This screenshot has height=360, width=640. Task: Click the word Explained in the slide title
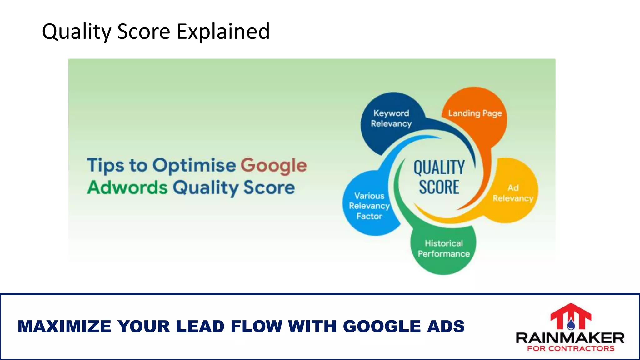pyautogui.click(x=223, y=32)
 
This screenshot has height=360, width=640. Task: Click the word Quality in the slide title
pyautogui.click(x=76, y=32)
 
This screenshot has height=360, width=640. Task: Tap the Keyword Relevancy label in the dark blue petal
pyautogui.click(x=391, y=118)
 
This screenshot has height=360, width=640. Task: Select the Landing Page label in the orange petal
pyautogui.click(x=475, y=113)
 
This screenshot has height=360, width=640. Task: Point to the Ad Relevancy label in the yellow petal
pyautogui.click(x=512, y=193)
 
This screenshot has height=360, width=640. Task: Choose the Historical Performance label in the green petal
pyautogui.click(x=444, y=248)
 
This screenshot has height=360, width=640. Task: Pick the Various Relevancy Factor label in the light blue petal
pyautogui.click(x=369, y=206)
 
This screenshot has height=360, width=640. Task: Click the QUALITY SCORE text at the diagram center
pyautogui.click(x=439, y=177)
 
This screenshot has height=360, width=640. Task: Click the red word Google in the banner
pyautogui.click(x=273, y=165)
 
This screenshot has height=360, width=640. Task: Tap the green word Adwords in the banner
pyautogui.click(x=127, y=187)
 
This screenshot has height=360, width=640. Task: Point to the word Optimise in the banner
pyautogui.click(x=194, y=165)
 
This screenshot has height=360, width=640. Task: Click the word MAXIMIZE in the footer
pyautogui.click(x=64, y=327)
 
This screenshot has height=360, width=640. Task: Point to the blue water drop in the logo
pyautogui.click(x=571, y=325)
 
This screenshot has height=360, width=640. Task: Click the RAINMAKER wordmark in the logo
pyautogui.click(x=570, y=338)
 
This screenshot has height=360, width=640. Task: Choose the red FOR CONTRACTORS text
pyautogui.click(x=571, y=348)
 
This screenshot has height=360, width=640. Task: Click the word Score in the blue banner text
pyautogui.click(x=269, y=187)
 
